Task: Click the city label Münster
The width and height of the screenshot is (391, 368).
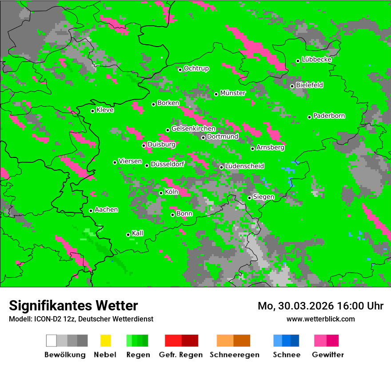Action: (233, 93)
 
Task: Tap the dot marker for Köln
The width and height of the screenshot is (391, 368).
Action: (161, 193)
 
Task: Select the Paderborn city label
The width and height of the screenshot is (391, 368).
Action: (329, 116)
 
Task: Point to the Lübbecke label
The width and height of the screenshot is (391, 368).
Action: (317, 60)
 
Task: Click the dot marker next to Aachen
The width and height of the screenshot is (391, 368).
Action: (91, 211)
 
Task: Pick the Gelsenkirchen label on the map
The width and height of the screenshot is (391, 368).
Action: (193, 129)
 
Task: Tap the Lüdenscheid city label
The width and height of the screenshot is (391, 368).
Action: (244, 166)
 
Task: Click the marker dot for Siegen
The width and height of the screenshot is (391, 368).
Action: (250, 198)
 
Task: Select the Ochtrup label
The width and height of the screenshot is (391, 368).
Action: (196, 69)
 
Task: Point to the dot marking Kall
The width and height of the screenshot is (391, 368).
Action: (128, 235)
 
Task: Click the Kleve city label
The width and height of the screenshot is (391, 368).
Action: (105, 110)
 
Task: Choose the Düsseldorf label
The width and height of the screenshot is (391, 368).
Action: (168, 164)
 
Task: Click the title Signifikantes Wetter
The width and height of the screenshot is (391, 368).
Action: (73, 306)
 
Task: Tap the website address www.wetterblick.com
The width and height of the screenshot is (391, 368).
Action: (321, 319)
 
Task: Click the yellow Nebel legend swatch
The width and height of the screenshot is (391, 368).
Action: (105, 341)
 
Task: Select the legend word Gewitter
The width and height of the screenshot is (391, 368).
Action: (328, 355)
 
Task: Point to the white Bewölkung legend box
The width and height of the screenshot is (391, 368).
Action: (52, 341)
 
